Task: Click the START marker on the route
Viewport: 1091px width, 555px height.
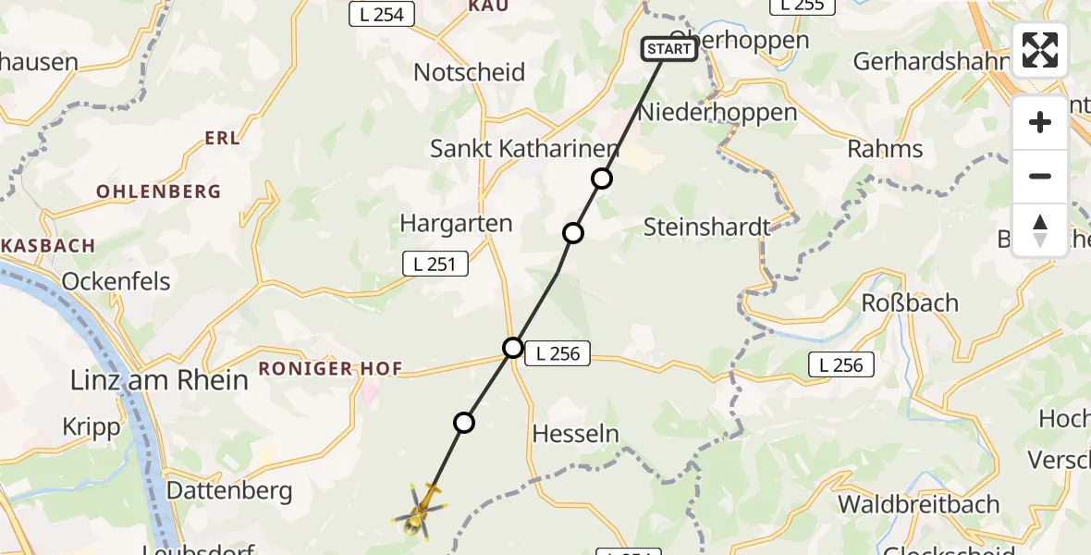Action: (x=669, y=49)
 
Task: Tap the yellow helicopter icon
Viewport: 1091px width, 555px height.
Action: (x=421, y=512)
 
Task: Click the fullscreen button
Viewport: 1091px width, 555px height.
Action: (x=1040, y=50)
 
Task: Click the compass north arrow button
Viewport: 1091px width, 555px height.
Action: (x=1040, y=230)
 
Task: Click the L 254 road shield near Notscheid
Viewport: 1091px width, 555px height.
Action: (x=382, y=14)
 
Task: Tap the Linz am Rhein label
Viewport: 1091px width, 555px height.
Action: (x=160, y=380)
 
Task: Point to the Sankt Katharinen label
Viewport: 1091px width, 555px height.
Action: (x=525, y=149)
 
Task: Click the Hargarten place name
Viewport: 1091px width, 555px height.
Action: (x=456, y=223)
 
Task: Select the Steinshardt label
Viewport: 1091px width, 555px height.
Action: (x=706, y=227)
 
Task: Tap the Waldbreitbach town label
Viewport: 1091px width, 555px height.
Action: (x=918, y=504)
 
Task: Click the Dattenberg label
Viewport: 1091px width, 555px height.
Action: (x=228, y=490)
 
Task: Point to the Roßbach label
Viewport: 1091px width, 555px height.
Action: (x=910, y=303)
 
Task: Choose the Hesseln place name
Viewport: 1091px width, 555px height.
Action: (x=576, y=434)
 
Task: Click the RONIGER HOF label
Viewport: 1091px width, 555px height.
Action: (x=331, y=369)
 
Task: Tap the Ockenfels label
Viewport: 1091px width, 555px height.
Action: (x=116, y=281)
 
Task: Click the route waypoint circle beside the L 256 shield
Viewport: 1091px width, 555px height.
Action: (x=513, y=348)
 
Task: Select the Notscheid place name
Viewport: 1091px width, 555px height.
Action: (x=470, y=72)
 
